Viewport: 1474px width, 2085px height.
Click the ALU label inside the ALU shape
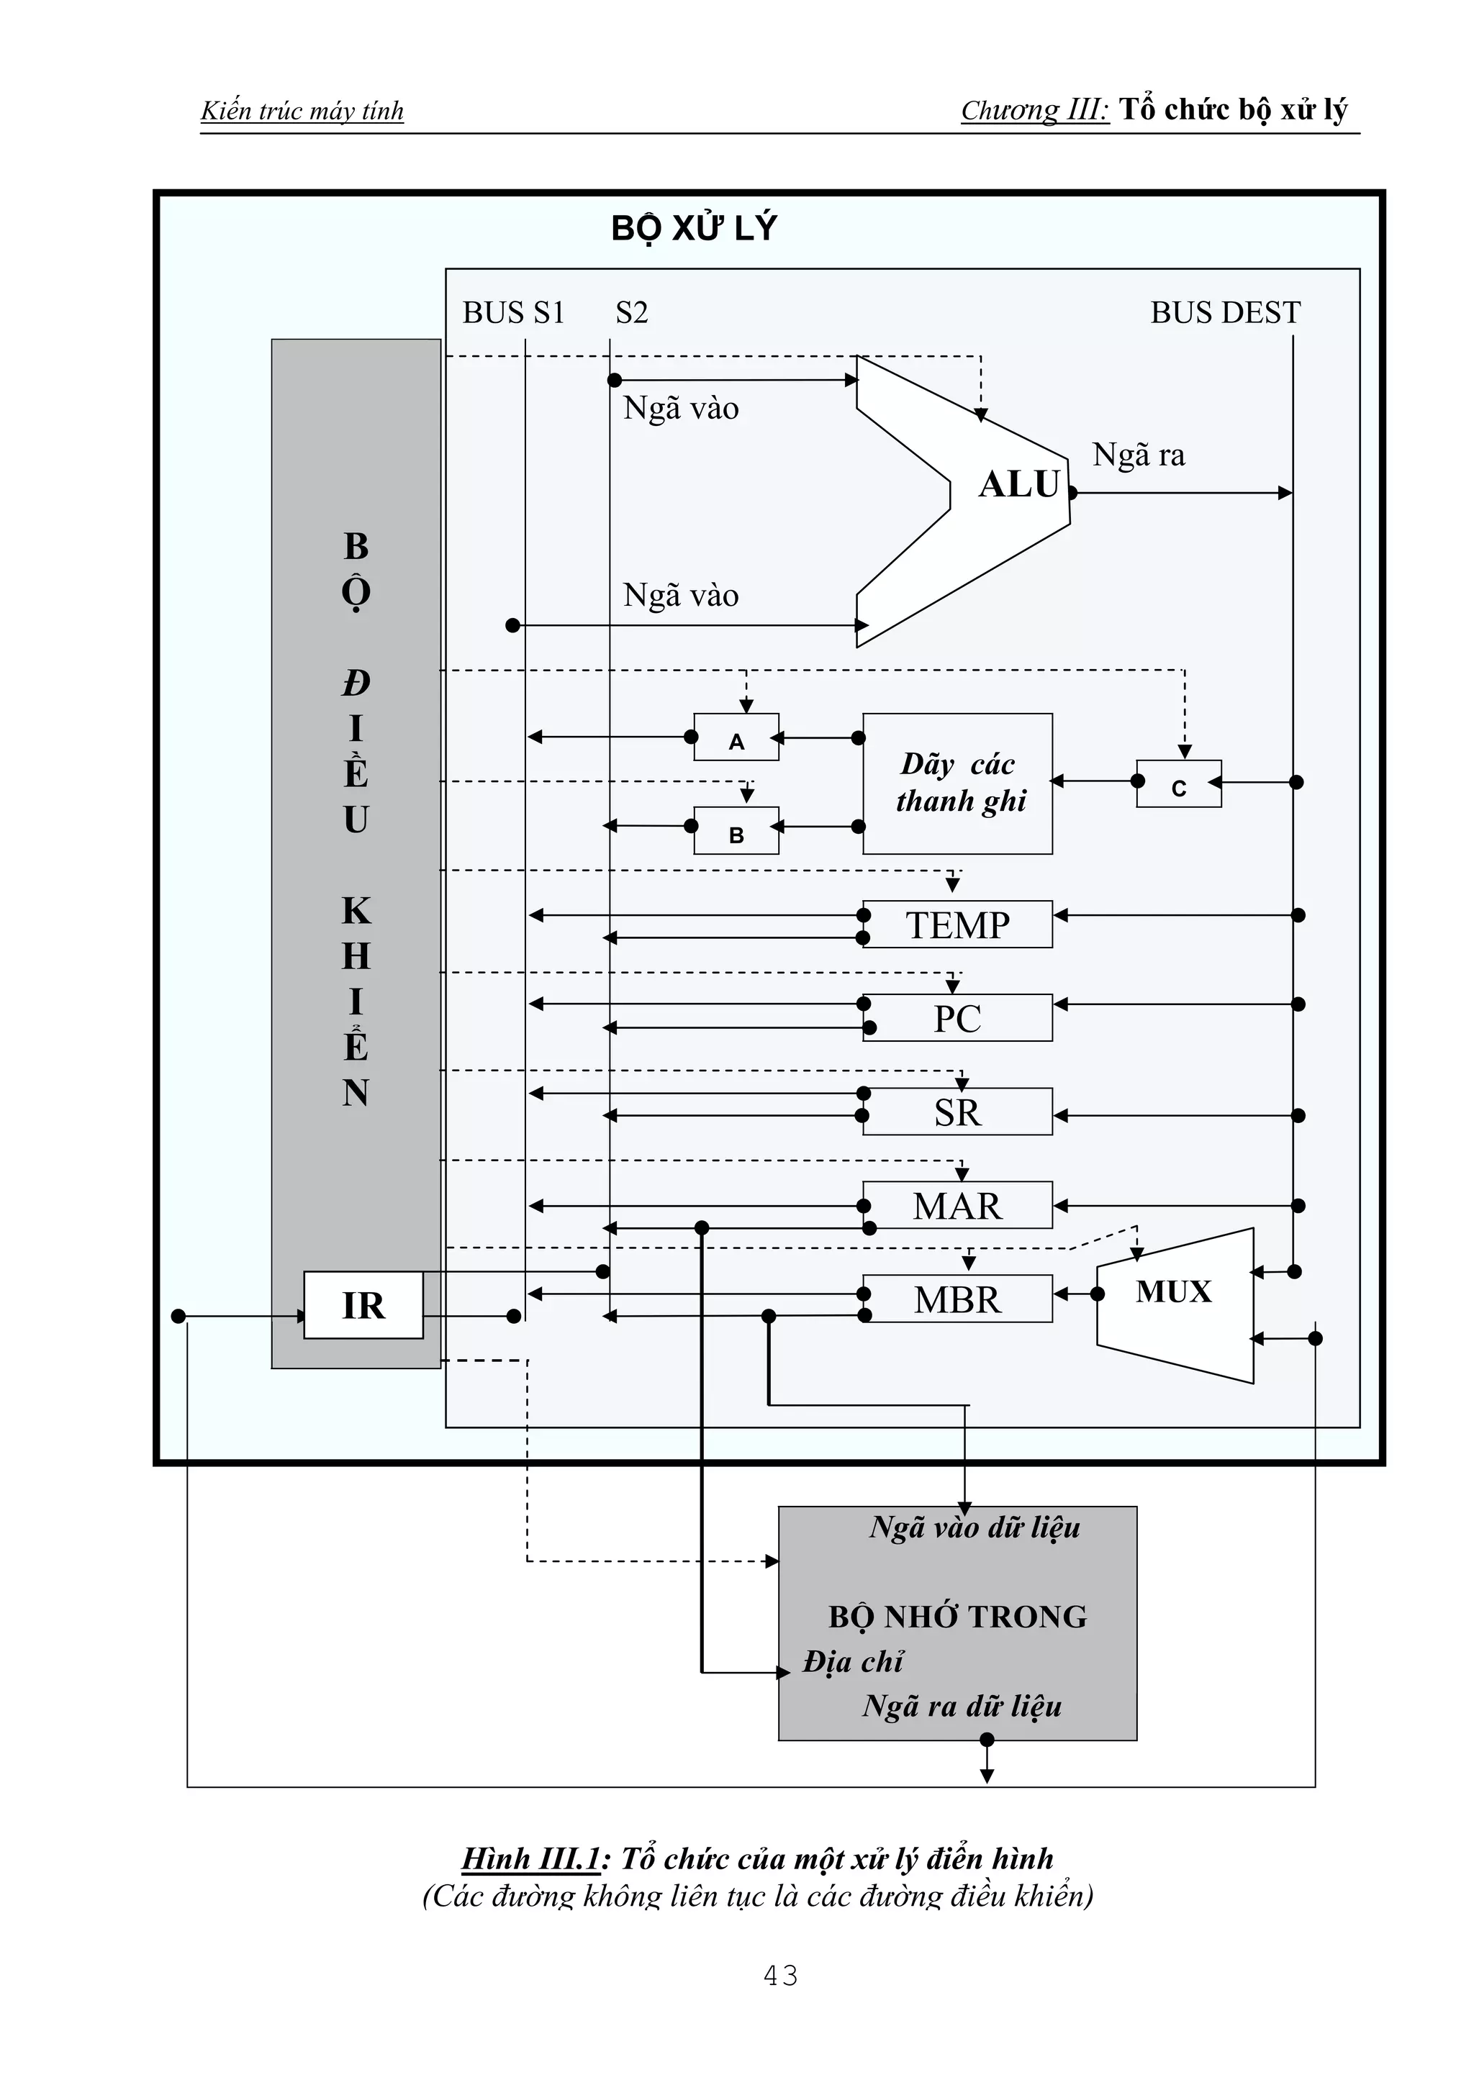(1019, 484)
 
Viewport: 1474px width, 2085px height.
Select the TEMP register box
(957, 925)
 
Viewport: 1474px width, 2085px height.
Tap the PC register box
(957, 1018)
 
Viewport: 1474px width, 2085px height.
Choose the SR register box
(957, 1112)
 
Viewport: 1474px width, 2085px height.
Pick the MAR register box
(957, 1205)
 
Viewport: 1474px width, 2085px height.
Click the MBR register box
(957, 1299)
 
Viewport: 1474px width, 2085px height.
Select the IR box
(363, 1305)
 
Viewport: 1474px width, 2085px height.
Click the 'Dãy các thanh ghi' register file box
(958, 783)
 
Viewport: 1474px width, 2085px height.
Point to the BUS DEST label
(1225, 312)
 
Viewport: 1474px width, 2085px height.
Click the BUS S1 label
(513, 312)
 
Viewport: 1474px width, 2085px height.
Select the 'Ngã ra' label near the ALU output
(1138, 454)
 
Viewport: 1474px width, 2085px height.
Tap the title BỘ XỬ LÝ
(694, 228)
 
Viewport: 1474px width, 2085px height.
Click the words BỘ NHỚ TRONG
(957, 1617)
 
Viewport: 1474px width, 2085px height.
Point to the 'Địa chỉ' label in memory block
(853, 1662)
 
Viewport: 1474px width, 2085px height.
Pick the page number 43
(781, 1975)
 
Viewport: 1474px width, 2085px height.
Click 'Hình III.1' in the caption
(530, 1858)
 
